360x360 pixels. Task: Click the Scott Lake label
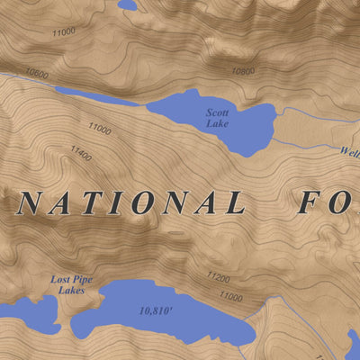point(218,117)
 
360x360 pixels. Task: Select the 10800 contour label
point(242,70)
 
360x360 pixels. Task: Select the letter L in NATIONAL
point(235,202)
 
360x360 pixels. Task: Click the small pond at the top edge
point(127,4)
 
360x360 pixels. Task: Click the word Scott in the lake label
point(218,112)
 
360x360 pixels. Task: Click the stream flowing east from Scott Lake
point(315,111)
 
